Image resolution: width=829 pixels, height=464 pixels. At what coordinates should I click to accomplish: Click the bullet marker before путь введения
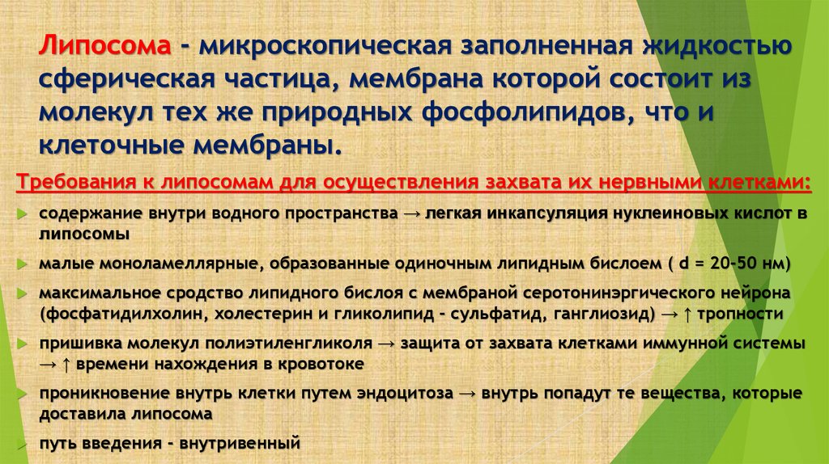point(22,445)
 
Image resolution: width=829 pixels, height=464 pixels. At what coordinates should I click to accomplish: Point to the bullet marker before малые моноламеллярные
point(22,265)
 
